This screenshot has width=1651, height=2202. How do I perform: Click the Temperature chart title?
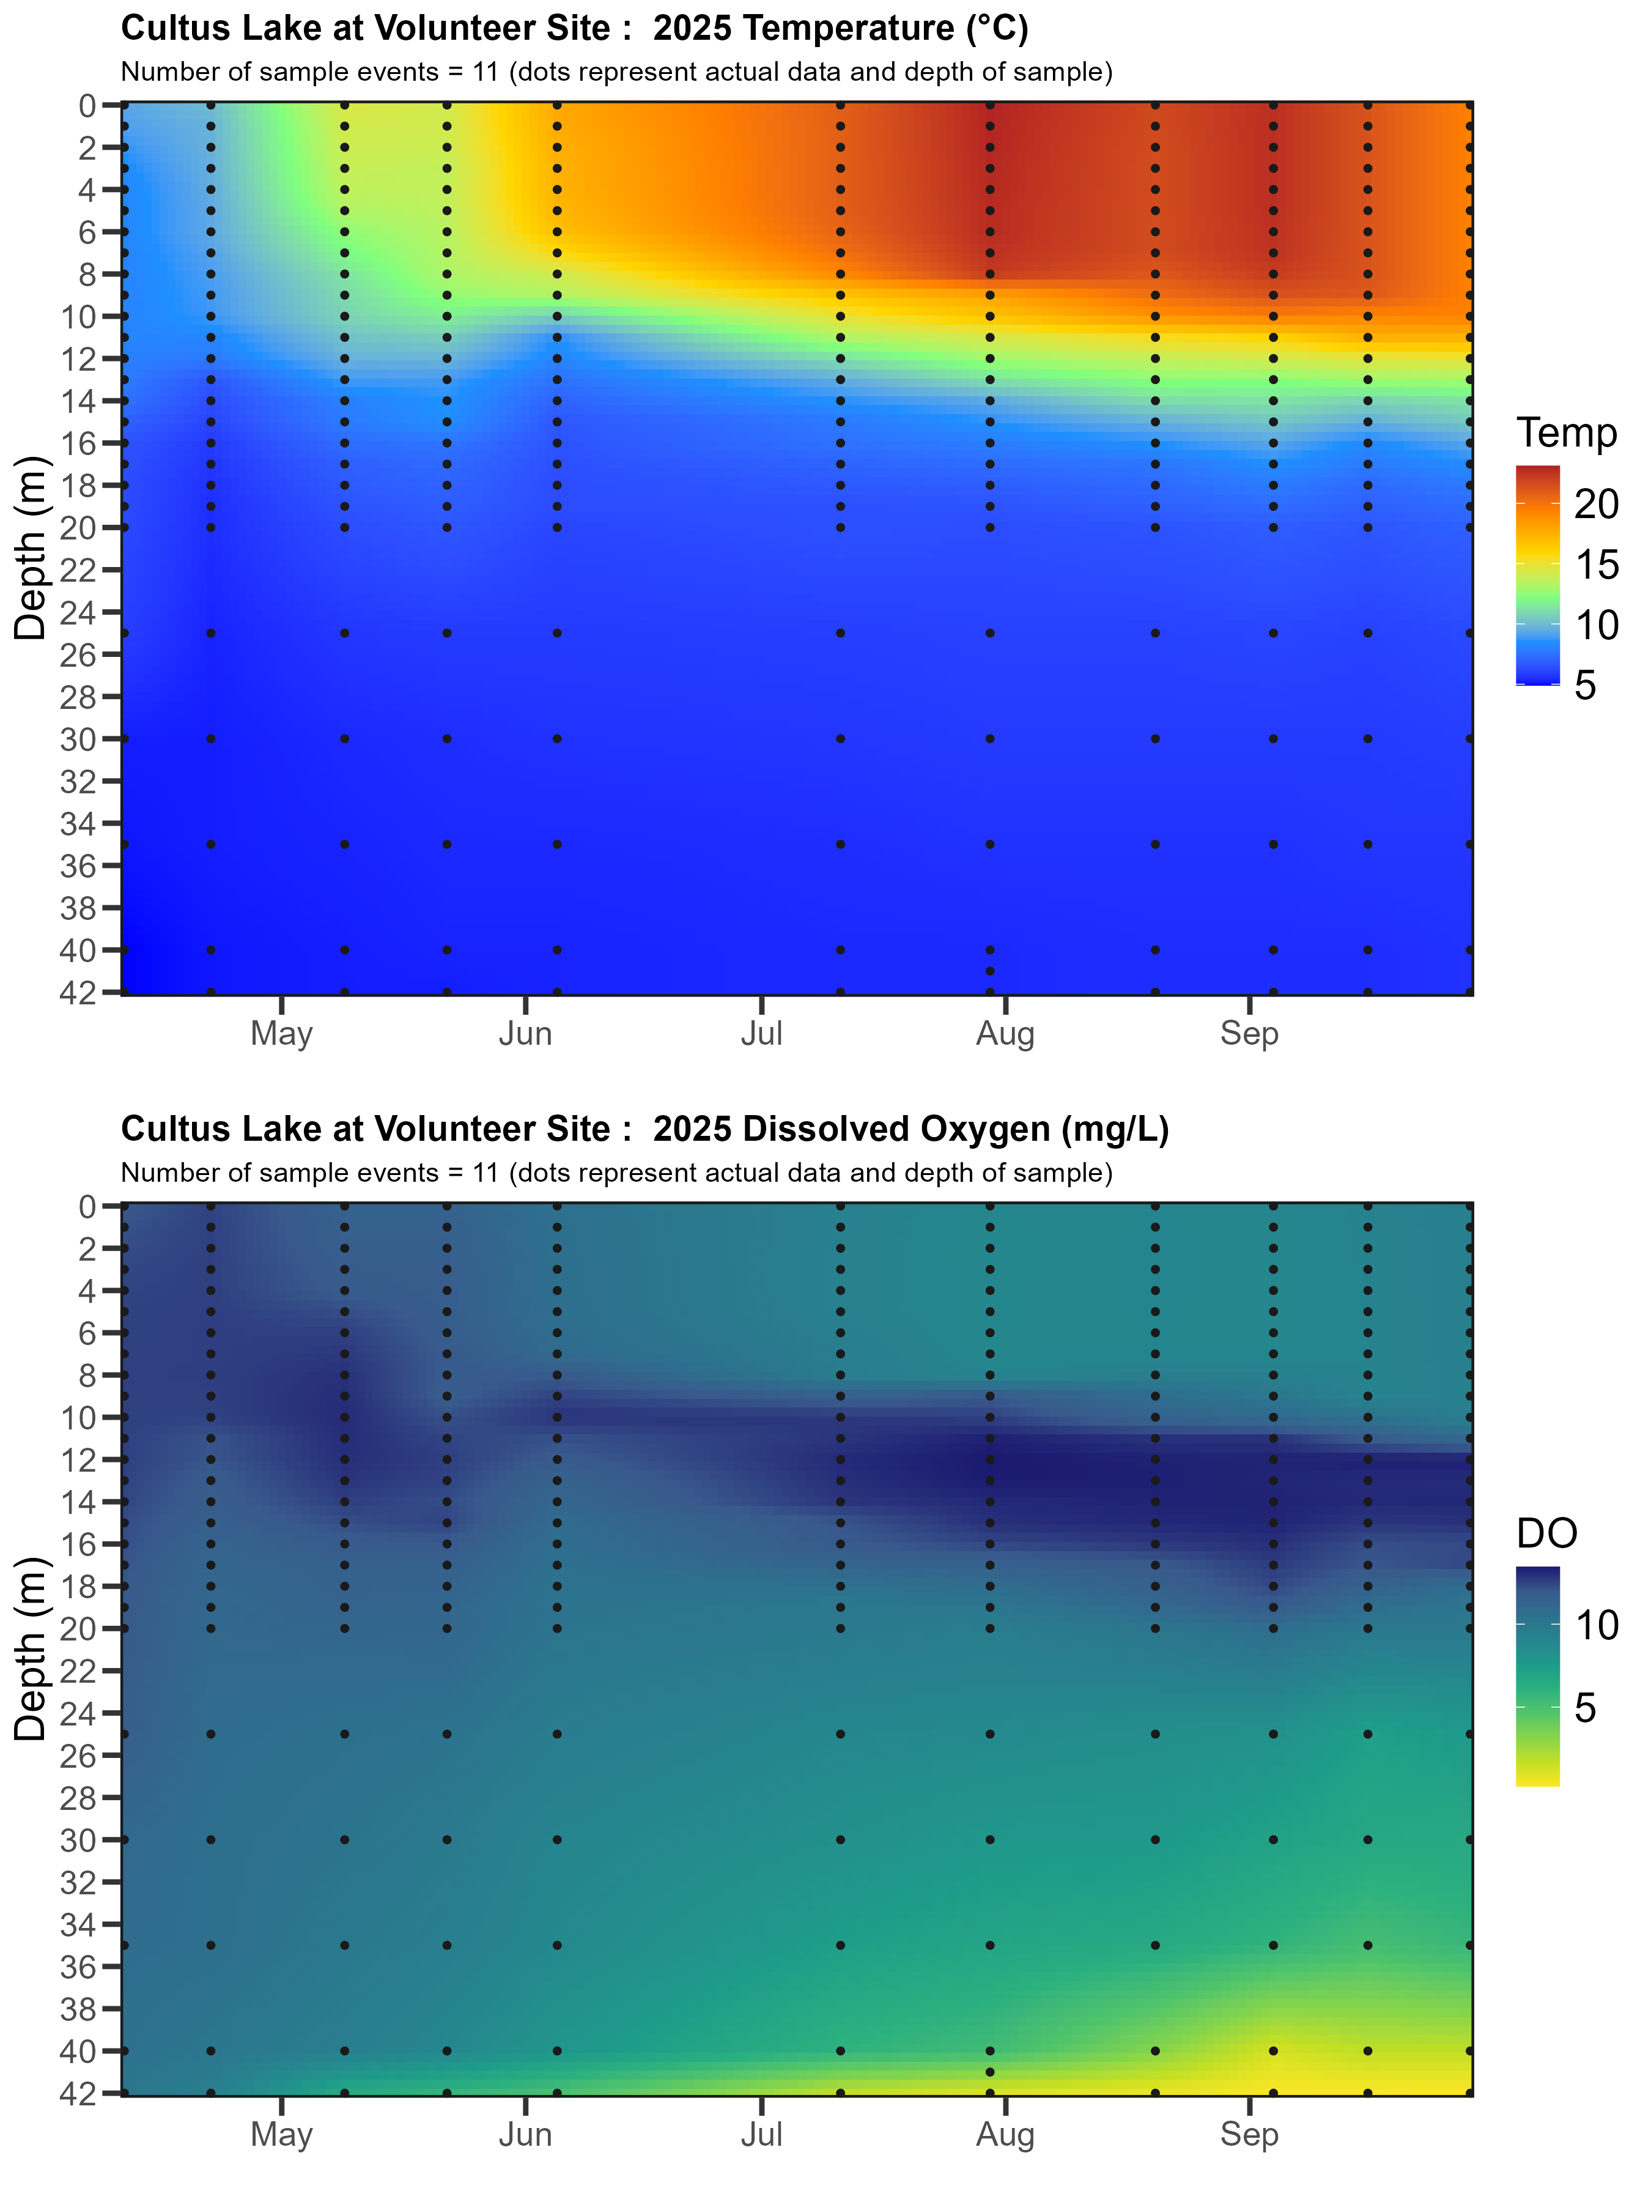(574, 28)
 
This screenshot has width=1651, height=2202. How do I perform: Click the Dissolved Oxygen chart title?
(644, 1129)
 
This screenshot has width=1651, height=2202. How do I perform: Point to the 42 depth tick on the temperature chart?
(86, 993)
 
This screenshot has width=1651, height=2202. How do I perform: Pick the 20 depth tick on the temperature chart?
(86, 528)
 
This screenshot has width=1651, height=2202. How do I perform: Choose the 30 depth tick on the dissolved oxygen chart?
(86, 1840)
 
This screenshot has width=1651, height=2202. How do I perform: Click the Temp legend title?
(1567, 433)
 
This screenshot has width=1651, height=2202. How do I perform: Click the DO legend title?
(1546, 1534)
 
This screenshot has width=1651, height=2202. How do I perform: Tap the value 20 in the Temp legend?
(1596, 505)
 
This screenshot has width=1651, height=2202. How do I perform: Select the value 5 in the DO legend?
(1586, 1708)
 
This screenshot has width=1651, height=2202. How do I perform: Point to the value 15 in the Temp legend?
(1596, 565)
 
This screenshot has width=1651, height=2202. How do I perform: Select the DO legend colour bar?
(1537, 1677)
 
